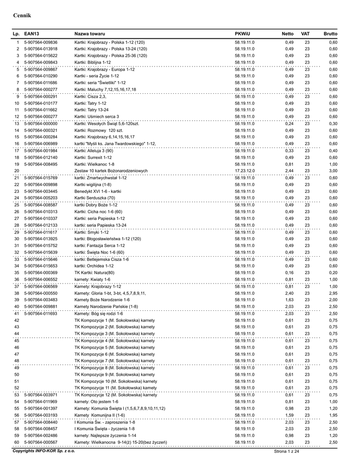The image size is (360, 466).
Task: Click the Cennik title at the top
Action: coord(21,15)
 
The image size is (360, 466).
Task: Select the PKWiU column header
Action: coord(243,34)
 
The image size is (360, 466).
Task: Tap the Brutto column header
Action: coord(330,34)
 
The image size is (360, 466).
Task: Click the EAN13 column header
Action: coord(31,34)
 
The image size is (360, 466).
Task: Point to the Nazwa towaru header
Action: coord(90,34)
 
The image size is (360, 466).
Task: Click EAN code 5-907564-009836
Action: coord(41,42)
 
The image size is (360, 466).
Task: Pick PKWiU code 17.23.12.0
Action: coord(245,171)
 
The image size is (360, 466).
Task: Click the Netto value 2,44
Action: coord(289,171)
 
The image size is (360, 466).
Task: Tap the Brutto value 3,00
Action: coord(333,171)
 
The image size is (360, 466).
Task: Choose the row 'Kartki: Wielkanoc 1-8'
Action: coord(94,164)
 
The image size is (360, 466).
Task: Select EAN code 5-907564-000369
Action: coord(41,273)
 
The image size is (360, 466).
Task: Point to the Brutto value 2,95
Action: coord(333,293)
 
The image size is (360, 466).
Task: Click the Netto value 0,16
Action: coord(289,273)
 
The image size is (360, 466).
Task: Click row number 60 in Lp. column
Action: coord(16,442)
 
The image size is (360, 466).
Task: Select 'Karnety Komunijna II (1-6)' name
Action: coord(100,415)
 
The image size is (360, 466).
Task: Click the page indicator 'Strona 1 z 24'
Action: coord(286,451)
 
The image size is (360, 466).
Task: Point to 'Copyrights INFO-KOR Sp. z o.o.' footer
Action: coord(44,451)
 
